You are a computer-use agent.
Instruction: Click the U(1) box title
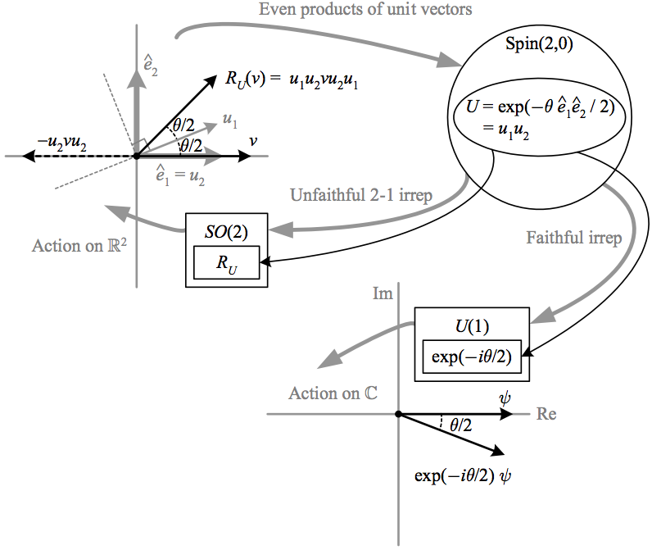pos(472,326)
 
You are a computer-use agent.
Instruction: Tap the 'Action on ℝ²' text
pos(79,245)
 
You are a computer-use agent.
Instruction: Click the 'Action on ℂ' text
pos(333,393)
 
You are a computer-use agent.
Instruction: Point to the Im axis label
pos(382,293)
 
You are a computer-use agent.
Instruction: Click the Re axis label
pos(546,414)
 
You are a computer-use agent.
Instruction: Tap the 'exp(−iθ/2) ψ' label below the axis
pos(466,476)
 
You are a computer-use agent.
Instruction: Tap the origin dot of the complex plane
pos(397,415)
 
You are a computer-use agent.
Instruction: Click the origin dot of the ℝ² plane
pos(136,156)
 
